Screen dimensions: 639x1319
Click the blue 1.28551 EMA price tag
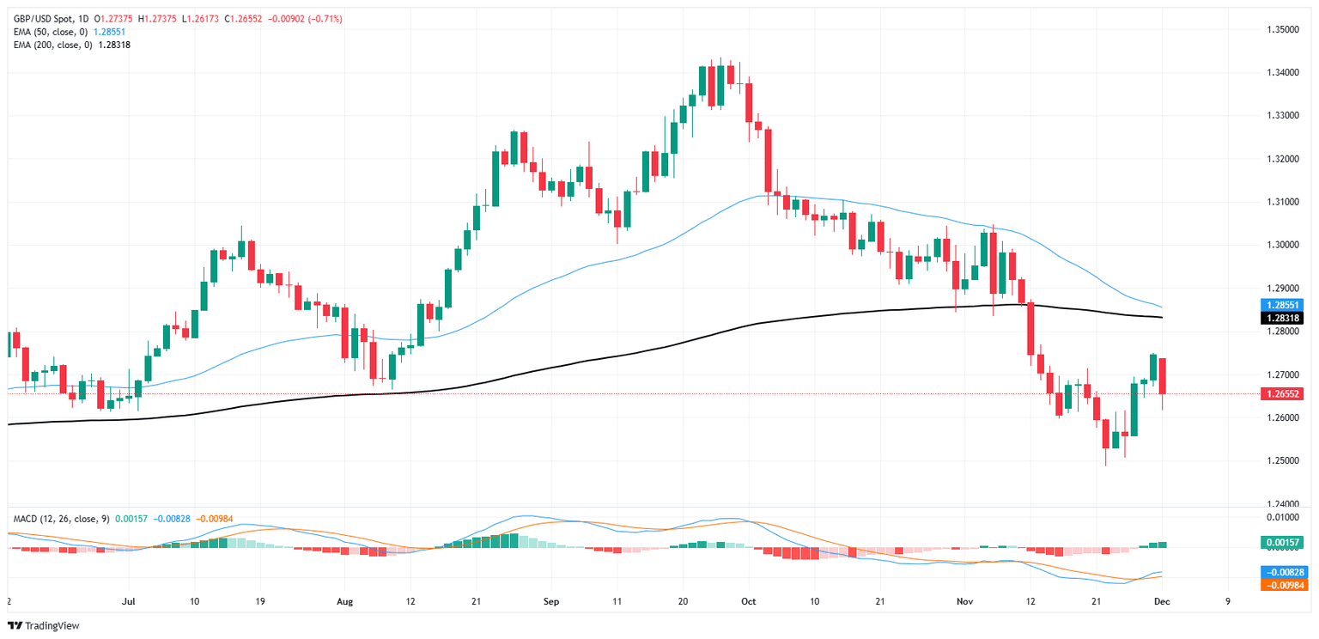point(1281,305)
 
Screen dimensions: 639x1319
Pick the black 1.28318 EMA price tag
point(1281,318)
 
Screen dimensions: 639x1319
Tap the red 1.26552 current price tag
point(1281,393)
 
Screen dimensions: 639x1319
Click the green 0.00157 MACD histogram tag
point(1281,543)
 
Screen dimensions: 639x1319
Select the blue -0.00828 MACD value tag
point(1281,571)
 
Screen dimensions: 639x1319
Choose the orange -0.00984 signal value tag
point(1281,585)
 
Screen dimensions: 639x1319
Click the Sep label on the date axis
point(551,602)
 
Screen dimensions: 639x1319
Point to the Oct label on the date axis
point(748,602)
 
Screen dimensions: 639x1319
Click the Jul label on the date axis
point(129,602)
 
